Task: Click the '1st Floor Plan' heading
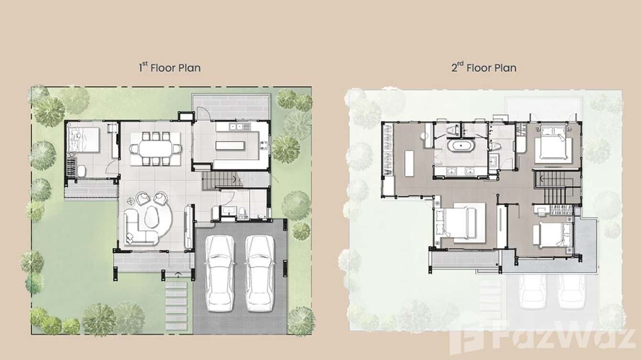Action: coord(170,67)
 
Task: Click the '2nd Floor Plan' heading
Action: coord(484,68)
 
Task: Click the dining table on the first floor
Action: coord(156,148)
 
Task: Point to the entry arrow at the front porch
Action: coord(178,274)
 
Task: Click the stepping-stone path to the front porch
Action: coord(176,306)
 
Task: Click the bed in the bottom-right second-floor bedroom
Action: coord(549,236)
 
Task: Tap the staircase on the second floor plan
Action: coord(554,189)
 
